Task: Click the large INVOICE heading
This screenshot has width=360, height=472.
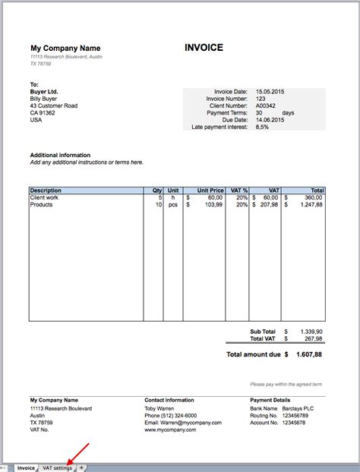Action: (x=204, y=48)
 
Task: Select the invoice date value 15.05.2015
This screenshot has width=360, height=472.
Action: (x=270, y=91)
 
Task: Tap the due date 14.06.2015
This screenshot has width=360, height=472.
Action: (x=270, y=120)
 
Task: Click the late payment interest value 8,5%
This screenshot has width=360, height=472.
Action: (x=263, y=127)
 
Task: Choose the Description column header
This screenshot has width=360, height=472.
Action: (x=46, y=190)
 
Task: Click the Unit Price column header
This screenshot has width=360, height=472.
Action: (x=210, y=190)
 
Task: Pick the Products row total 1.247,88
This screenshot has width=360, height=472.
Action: (x=311, y=205)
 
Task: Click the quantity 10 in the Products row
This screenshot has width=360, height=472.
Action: (x=158, y=205)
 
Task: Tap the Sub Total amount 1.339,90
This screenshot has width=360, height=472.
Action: (x=311, y=332)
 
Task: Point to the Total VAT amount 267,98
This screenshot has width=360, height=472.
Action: (x=313, y=339)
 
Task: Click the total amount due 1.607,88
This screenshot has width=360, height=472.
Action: (x=309, y=354)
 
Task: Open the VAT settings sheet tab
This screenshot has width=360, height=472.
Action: (x=58, y=467)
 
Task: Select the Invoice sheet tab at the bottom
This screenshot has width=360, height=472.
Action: (x=26, y=467)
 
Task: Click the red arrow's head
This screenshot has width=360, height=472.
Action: (x=69, y=461)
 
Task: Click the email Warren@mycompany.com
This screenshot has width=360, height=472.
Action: (x=183, y=423)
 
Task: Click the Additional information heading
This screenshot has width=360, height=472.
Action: (x=60, y=155)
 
